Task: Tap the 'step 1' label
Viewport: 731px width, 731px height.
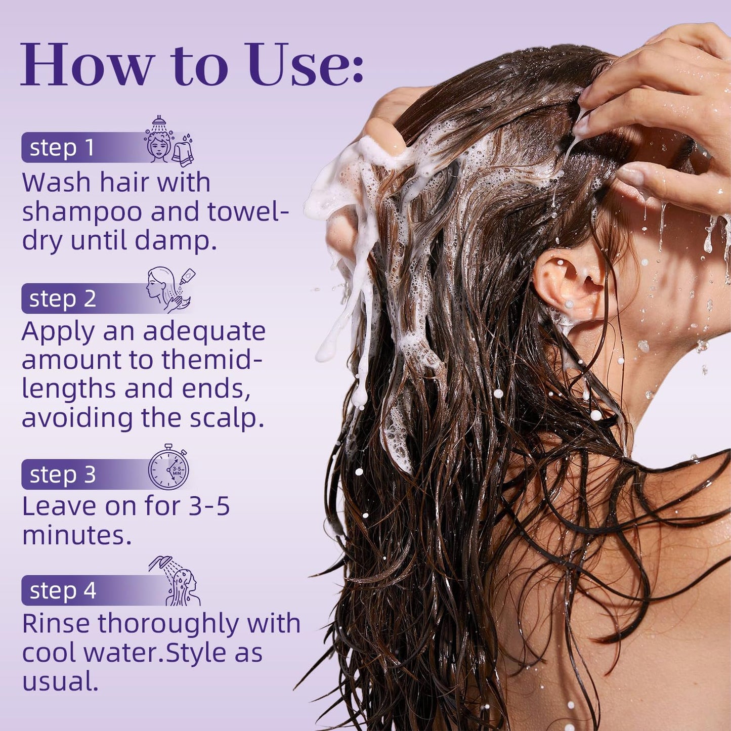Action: pyautogui.click(x=61, y=148)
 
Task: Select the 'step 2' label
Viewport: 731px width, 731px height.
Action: pyautogui.click(x=63, y=298)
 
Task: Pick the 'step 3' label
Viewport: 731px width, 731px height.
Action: pyautogui.click(x=63, y=475)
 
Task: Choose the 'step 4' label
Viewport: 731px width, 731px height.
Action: pyautogui.click(x=63, y=591)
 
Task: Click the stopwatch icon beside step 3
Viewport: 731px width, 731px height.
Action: pyautogui.click(x=168, y=466)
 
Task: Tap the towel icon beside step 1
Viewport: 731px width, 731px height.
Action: pyautogui.click(x=183, y=152)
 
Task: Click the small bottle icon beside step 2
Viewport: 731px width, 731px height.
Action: pyautogui.click(x=188, y=277)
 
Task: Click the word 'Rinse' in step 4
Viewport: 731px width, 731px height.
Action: pyautogui.click(x=56, y=624)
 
